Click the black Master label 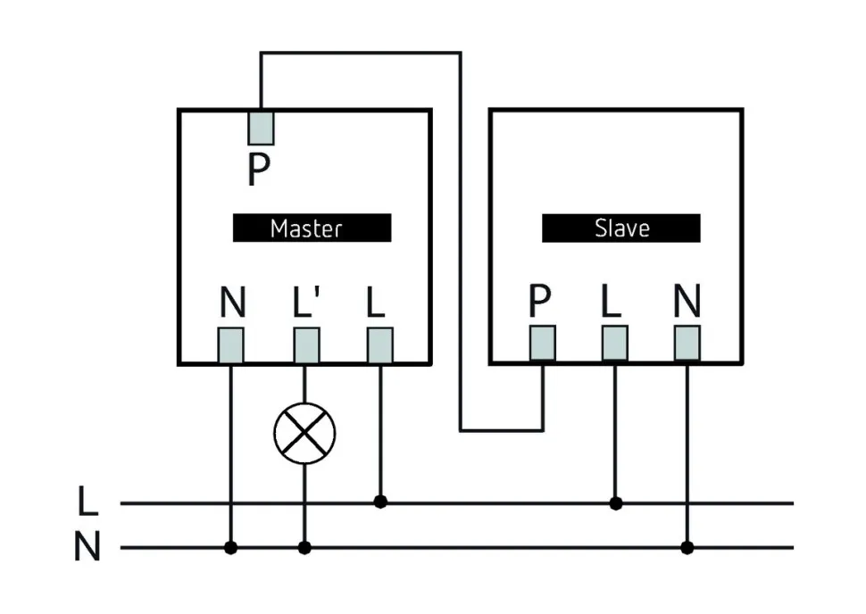[312, 228]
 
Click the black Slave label [620, 228]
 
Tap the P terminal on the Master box [260, 127]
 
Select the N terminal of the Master [231, 345]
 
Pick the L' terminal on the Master [306, 345]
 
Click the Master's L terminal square [380, 345]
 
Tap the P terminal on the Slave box [542, 343]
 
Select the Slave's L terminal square [614, 343]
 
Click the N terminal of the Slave [687, 343]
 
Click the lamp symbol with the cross [304, 434]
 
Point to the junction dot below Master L [380, 502]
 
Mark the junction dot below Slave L [615, 503]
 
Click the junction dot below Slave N [687, 547]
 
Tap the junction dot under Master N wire [231, 547]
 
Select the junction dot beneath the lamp [304, 547]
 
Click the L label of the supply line [87, 502]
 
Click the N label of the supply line [87, 548]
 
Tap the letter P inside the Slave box [539, 303]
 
